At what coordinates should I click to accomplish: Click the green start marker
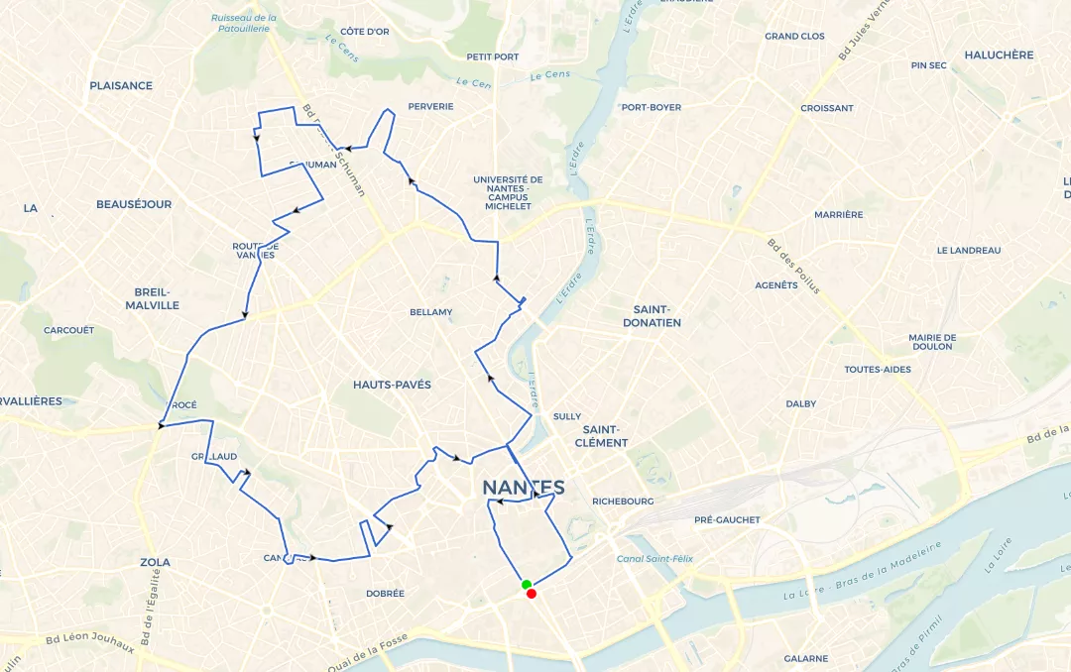(x=527, y=585)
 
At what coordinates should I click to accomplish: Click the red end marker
(x=533, y=594)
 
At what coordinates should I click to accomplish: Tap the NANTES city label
(x=523, y=488)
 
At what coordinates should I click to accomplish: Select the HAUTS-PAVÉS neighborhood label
(x=392, y=385)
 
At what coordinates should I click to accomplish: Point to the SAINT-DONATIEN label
(x=651, y=316)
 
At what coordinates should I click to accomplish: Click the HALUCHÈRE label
(x=999, y=56)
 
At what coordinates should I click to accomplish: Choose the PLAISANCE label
(x=121, y=86)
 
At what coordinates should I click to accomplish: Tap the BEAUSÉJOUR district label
(x=134, y=205)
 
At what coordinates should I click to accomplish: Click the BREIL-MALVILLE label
(x=153, y=298)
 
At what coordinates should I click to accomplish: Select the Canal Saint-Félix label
(x=654, y=559)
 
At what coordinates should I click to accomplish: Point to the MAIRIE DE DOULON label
(x=932, y=342)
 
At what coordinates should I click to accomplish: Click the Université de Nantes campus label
(x=508, y=193)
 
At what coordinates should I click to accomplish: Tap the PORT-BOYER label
(x=651, y=108)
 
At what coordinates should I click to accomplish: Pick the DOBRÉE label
(x=385, y=594)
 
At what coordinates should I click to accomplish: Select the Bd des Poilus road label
(x=793, y=266)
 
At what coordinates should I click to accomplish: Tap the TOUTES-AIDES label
(x=877, y=370)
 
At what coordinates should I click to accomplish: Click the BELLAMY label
(x=430, y=313)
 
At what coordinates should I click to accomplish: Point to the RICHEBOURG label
(x=622, y=502)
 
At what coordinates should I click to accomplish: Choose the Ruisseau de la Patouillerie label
(x=244, y=23)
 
